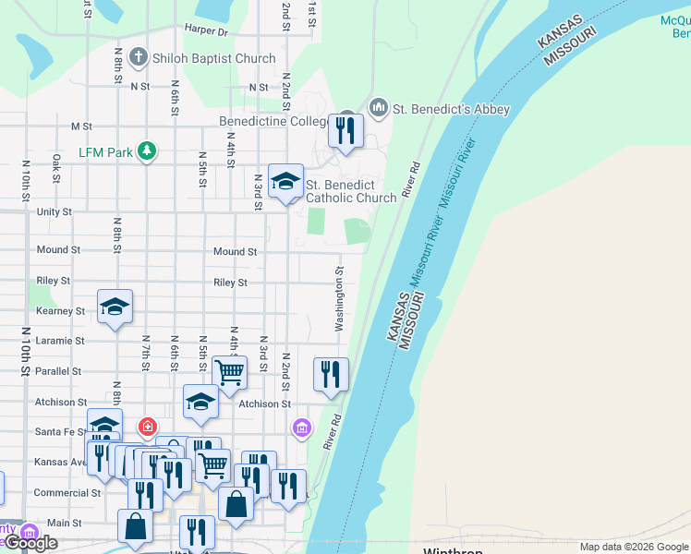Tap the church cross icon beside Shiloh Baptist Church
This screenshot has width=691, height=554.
[139, 58]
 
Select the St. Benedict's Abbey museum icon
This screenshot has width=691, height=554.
[378, 109]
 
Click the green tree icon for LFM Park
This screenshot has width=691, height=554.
[145, 151]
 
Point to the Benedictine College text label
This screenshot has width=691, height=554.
[273, 122]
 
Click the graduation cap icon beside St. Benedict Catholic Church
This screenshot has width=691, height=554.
[285, 180]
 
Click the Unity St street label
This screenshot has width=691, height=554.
[54, 211]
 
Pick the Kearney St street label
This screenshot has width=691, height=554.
[60, 311]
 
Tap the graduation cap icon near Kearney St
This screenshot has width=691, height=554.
[115, 307]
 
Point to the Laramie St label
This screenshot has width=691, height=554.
[60, 341]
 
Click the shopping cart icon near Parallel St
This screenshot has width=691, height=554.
[229, 372]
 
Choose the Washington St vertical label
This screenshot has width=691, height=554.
[340, 300]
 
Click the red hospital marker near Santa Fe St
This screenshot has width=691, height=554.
[146, 427]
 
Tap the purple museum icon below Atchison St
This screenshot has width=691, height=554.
[301, 428]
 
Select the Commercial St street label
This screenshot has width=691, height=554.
[67, 493]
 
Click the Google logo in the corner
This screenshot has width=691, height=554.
[30, 543]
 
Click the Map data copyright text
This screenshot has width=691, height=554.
[634, 547]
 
